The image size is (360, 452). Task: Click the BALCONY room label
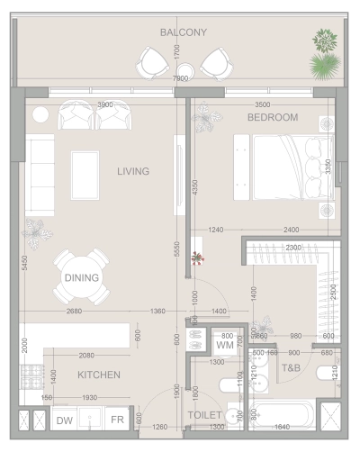tap(184, 32)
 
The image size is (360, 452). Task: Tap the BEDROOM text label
tap(273, 118)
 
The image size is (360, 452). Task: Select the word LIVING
tap(132, 171)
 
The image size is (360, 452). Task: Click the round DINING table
tap(81, 277)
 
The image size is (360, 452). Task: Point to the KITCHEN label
tap(99, 375)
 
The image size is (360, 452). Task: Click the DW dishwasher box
tap(65, 420)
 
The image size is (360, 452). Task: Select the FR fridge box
tap(118, 420)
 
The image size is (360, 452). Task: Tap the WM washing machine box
tap(225, 344)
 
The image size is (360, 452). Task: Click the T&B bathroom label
tap(291, 367)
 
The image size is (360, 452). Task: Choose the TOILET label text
tap(205, 417)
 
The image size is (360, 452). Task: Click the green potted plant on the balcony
tap(324, 54)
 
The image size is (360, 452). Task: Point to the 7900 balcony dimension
tap(180, 79)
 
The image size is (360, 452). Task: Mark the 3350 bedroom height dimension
tap(329, 167)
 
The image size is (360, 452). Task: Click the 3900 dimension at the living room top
tap(105, 104)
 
